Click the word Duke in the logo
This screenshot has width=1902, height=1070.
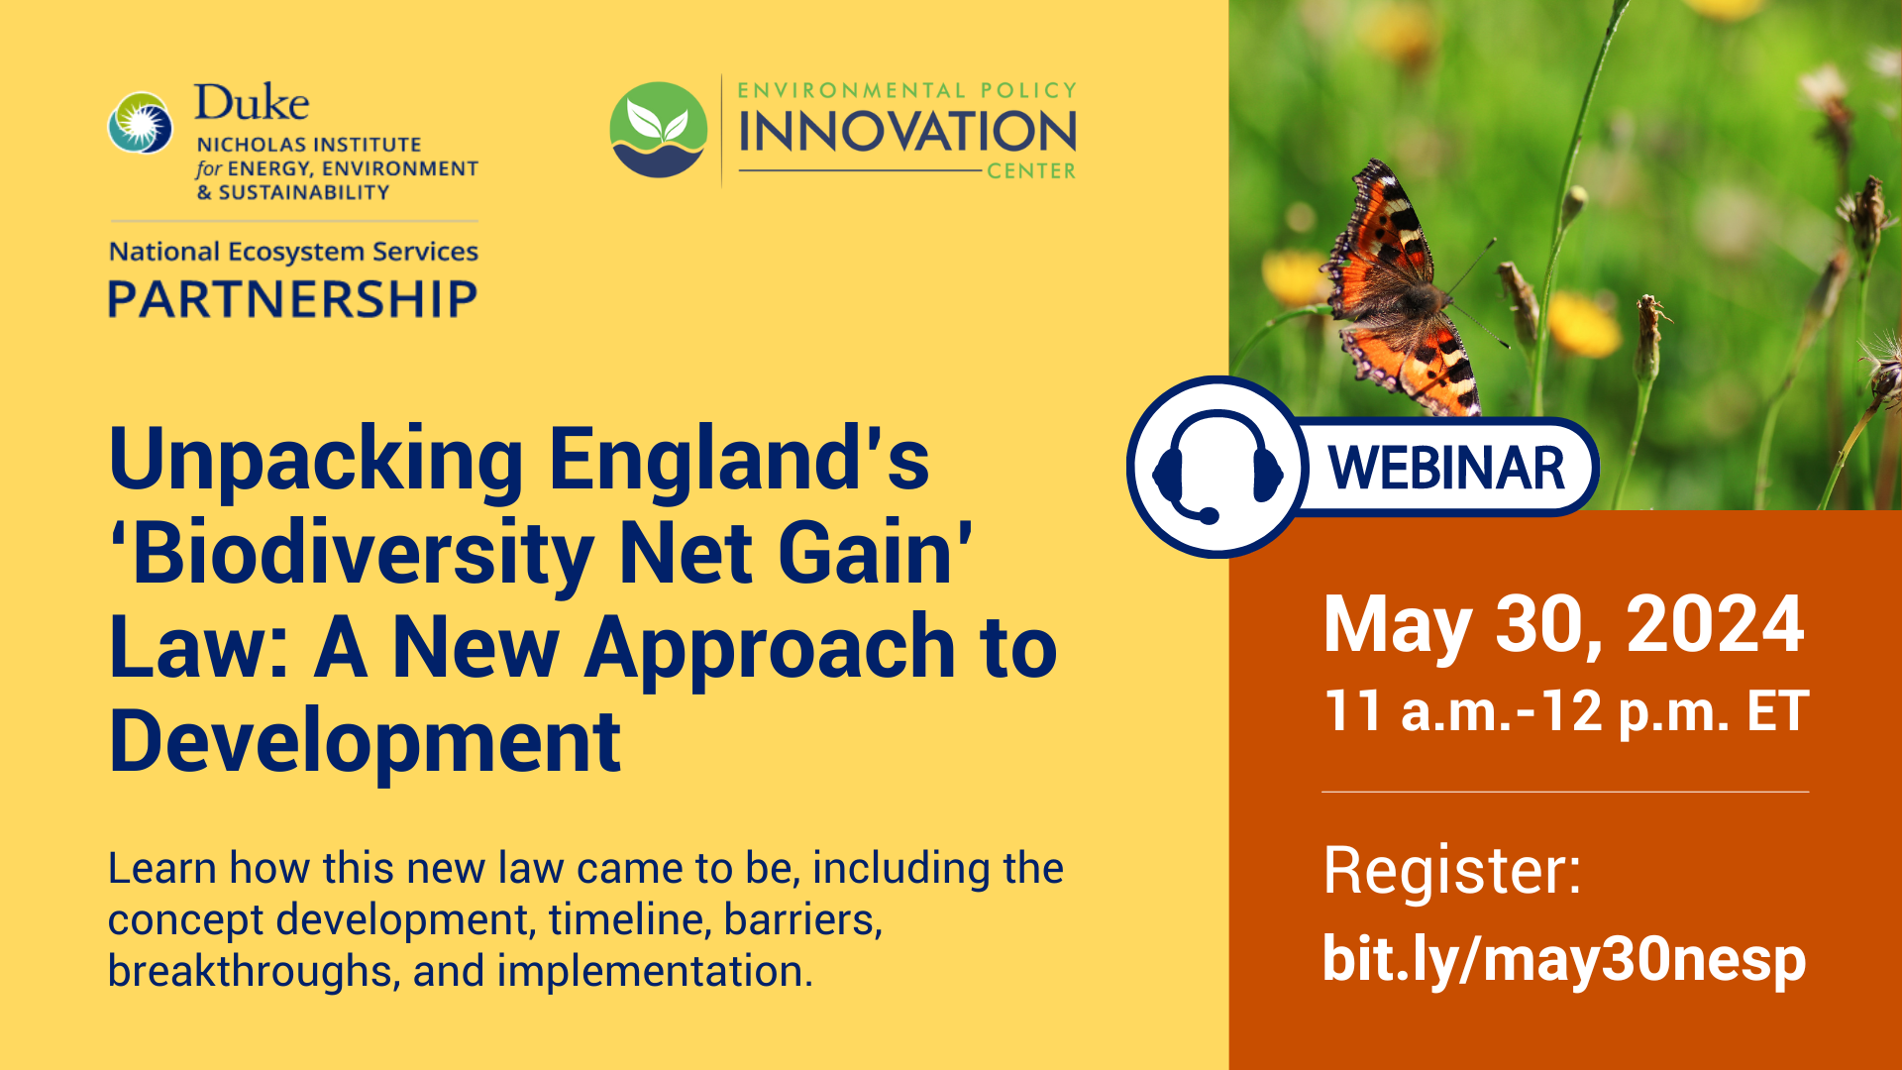(x=252, y=103)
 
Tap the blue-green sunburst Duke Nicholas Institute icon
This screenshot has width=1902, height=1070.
(x=140, y=124)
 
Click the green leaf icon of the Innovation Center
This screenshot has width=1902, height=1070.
(x=659, y=130)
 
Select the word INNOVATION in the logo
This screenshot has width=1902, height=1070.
(x=906, y=132)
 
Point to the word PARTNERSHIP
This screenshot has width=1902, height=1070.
(x=292, y=299)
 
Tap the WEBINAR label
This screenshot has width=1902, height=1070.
(x=1445, y=468)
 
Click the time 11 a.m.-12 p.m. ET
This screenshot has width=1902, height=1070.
(x=1566, y=711)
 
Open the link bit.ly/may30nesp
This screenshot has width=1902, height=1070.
(x=1564, y=959)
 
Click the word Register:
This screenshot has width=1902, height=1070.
(x=1452, y=871)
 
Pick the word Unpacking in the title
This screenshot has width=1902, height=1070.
(x=316, y=461)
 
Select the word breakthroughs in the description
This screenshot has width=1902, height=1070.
(x=253, y=971)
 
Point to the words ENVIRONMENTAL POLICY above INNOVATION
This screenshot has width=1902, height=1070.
(x=906, y=90)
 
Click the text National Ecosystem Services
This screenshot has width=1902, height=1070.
(x=293, y=252)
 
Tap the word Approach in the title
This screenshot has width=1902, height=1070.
(x=770, y=649)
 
